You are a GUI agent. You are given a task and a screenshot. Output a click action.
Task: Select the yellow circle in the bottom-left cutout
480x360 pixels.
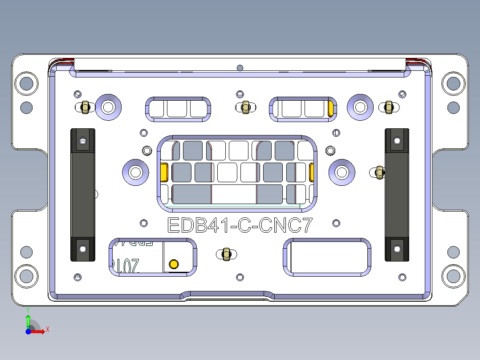[x=174, y=264]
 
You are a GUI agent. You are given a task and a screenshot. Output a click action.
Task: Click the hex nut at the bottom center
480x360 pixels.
[x=226, y=254]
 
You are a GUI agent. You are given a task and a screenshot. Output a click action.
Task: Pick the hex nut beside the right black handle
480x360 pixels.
[x=379, y=172]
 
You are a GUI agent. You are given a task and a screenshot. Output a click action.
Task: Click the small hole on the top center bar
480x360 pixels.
[x=240, y=68]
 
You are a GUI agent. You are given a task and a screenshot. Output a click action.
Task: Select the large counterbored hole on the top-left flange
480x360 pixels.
[x=26, y=83]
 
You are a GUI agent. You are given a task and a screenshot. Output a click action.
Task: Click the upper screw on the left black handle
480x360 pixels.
[x=83, y=141]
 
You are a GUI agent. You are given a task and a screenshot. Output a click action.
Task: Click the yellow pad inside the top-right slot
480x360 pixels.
[x=331, y=108]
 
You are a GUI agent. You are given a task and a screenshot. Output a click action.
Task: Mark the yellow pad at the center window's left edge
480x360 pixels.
[x=163, y=172]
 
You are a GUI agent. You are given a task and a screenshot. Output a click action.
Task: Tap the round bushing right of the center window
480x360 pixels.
[x=342, y=172]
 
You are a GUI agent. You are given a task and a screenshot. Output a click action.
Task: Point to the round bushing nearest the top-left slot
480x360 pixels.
[x=108, y=106]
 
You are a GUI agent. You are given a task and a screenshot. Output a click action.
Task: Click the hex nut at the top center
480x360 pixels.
[x=245, y=107]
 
